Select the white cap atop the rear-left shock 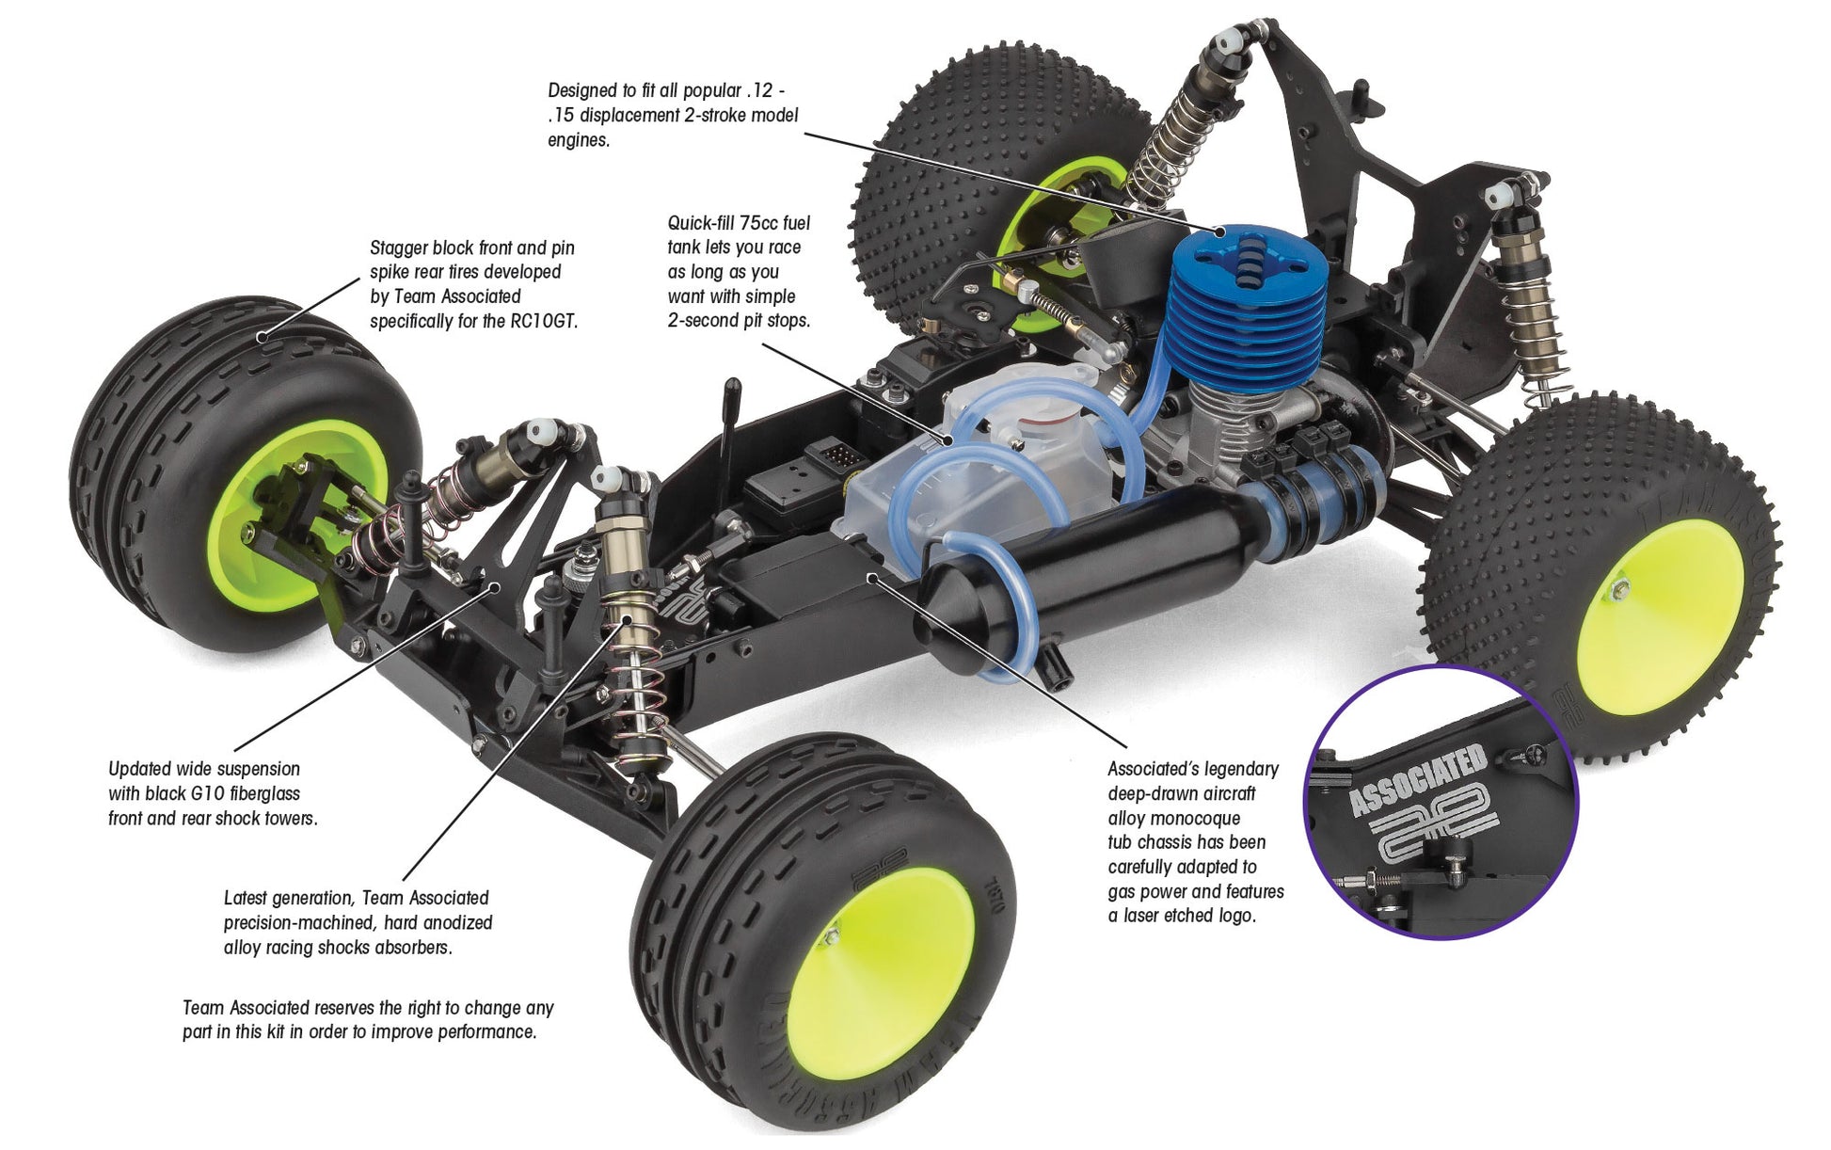pyautogui.click(x=1226, y=42)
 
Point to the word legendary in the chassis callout pyautogui.click(x=1239, y=769)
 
